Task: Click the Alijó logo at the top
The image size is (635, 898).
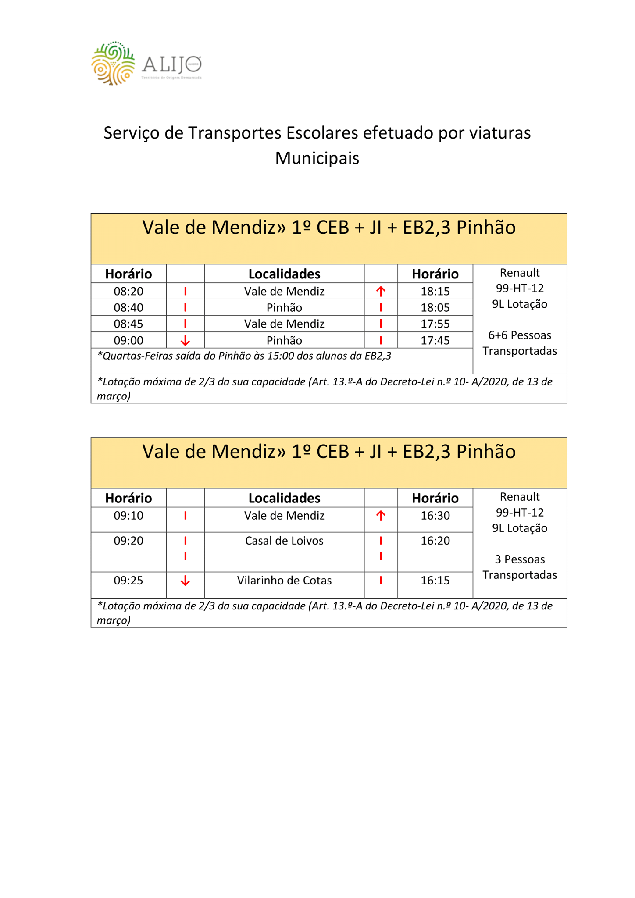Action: pos(146,64)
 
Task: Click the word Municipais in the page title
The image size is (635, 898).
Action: pos(317,158)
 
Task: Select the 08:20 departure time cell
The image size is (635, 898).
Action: pos(128,292)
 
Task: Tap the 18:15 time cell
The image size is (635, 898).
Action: pos(435,292)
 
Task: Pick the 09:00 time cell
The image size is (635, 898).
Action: pos(128,341)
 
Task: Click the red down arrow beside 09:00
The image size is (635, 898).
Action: pos(186,341)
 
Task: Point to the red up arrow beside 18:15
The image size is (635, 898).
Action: pos(381,291)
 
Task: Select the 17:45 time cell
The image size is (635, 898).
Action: pos(435,341)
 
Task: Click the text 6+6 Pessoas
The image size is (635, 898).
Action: pos(520,335)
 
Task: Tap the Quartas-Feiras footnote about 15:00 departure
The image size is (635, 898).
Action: pos(244,356)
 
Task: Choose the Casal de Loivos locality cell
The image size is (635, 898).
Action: pos(284,541)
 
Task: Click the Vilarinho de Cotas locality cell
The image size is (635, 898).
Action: pos(284,581)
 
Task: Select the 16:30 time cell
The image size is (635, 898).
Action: pos(435,516)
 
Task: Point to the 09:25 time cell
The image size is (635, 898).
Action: pos(128,581)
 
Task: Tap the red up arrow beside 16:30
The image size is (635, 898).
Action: pos(381,516)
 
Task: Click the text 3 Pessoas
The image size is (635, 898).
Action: pos(520,559)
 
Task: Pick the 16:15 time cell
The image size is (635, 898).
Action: pos(435,581)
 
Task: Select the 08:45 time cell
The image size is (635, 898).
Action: pos(128,324)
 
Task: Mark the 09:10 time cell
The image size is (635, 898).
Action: pos(128,516)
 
